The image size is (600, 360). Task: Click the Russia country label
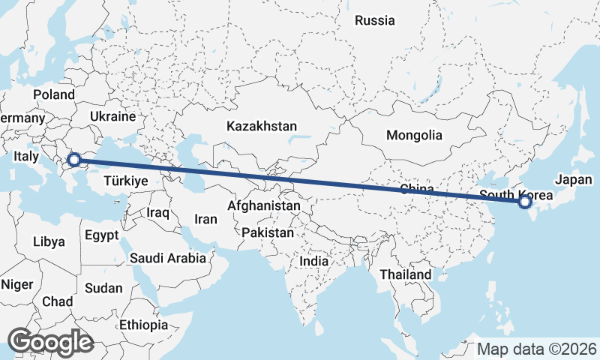click(374, 20)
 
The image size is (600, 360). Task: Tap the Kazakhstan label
click(262, 127)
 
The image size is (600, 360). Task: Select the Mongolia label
click(414, 136)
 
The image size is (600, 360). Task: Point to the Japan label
click(574, 180)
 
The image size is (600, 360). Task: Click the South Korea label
click(516, 195)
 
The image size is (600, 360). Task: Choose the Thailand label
click(405, 274)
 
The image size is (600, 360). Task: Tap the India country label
click(314, 262)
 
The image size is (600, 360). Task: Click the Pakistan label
click(268, 233)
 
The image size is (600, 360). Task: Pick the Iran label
click(205, 220)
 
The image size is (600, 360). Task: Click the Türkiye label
click(125, 181)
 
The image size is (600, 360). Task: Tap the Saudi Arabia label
click(168, 259)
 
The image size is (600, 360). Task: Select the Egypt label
click(101, 235)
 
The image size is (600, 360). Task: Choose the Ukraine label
click(112, 117)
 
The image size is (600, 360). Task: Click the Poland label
click(54, 95)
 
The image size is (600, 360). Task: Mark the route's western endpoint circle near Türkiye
click(74, 159)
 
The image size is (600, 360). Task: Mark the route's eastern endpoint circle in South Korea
click(524, 201)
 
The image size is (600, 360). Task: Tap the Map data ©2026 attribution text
click(537, 349)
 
